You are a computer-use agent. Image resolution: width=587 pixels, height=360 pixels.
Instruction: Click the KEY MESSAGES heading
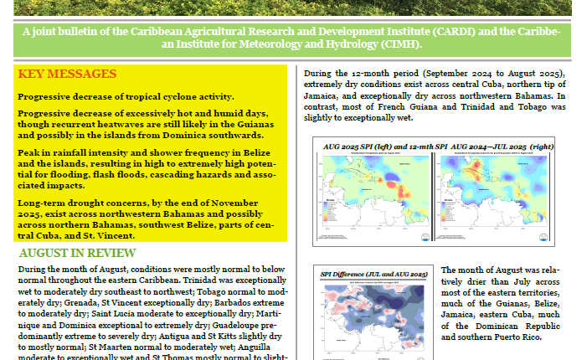[x=67, y=75]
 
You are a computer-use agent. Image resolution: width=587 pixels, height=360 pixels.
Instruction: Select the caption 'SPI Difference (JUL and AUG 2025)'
[x=374, y=274]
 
